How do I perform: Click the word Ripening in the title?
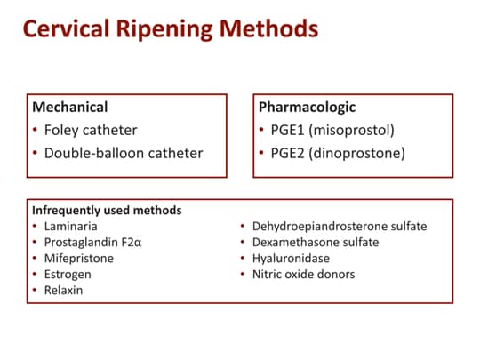click(164, 29)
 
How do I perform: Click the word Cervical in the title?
click(67, 28)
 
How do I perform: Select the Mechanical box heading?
click(70, 108)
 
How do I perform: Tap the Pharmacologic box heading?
click(307, 108)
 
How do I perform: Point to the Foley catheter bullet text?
click(91, 130)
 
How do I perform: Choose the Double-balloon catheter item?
click(124, 153)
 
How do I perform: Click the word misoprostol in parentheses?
click(351, 131)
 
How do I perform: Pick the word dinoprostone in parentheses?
click(357, 154)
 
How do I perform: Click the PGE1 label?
click(287, 130)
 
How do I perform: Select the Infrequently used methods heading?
click(107, 211)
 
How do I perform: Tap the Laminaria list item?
click(71, 227)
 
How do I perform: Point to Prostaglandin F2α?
click(92, 243)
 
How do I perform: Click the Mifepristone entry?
click(79, 259)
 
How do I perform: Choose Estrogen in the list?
click(68, 275)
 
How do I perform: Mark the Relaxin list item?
click(63, 290)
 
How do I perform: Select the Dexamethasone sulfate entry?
click(316, 243)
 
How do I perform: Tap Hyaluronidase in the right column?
click(292, 259)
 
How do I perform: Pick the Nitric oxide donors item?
click(304, 275)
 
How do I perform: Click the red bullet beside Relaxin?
click(35, 290)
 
